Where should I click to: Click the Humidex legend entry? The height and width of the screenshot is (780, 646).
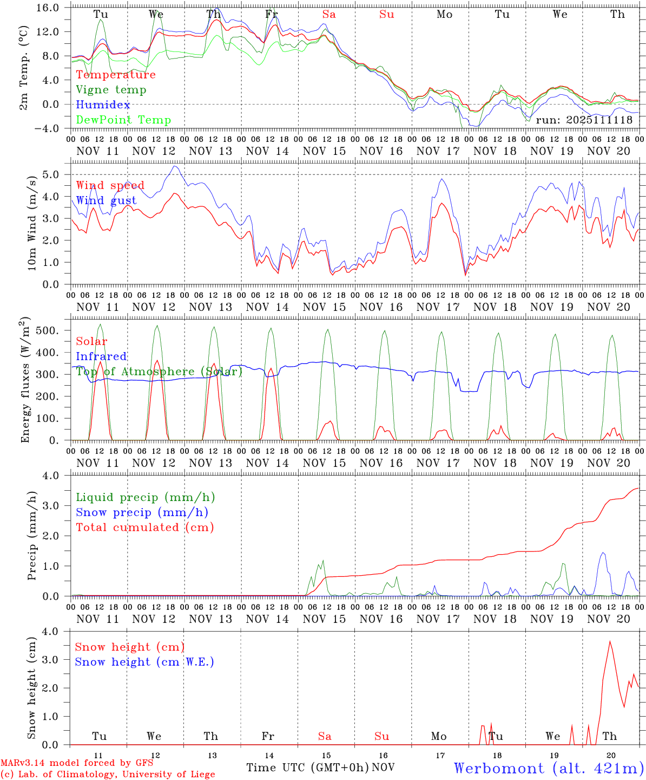(103, 105)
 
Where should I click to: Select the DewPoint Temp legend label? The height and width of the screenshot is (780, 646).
(123, 120)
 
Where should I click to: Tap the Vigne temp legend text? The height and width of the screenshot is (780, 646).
(111, 90)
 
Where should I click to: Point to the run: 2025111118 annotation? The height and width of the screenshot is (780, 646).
(584, 120)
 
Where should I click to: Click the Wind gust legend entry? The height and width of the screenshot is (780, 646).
(107, 200)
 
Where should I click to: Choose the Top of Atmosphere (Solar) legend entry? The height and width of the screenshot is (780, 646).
(159, 372)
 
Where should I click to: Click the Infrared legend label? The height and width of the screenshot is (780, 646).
(101, 356)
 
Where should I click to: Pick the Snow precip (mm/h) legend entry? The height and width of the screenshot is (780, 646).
(142, 512)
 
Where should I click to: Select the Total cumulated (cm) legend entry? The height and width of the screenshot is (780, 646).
(145, 528)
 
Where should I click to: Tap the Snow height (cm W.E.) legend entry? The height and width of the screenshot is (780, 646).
(144, 662)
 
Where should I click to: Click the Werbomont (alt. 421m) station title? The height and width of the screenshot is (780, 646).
(549, 768)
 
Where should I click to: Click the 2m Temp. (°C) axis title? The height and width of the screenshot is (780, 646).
(24, 68)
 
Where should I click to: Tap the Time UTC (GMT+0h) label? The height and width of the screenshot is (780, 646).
(307, 768)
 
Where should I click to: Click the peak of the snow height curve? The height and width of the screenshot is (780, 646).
(610, 642)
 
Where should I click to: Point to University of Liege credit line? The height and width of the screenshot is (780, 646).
(108, 774)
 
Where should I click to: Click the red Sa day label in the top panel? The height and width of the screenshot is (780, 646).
(329, 15)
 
